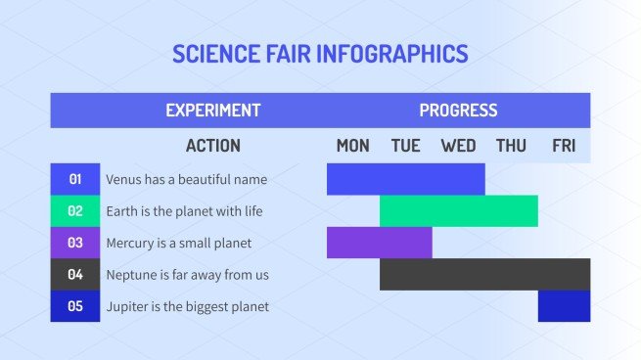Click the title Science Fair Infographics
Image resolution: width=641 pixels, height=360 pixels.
coord(320,53)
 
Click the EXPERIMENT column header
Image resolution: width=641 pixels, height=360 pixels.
coord(212,111)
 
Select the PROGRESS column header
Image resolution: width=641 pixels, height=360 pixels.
coord(458,111)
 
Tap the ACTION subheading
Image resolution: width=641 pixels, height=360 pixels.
coord(212,146)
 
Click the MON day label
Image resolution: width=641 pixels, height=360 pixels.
coord(352,146)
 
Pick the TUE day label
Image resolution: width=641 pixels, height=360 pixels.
coord(405,146)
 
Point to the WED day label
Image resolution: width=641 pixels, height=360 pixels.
coord(458,146)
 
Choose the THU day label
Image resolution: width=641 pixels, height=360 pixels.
coord(511,146)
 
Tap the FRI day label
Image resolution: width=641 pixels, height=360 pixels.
coord(564,146)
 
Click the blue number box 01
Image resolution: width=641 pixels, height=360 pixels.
coord(75,179)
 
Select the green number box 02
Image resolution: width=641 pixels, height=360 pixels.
coord(75,211)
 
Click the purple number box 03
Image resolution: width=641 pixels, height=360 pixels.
coord(75,243)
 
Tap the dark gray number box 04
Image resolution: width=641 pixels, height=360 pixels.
coord(75,275)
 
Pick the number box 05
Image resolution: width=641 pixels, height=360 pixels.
coord(75,306)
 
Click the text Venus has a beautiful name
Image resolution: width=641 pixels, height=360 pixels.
coord(186,180)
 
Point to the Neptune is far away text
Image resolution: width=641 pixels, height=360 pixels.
coord(187,275)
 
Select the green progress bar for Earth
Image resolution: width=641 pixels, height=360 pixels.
coord(458,211)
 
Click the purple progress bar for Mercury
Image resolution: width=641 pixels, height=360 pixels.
coord(379,243)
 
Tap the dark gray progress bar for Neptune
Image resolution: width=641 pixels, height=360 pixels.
coord(484,275)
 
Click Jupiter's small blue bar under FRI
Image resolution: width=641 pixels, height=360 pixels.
coord(564,306)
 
